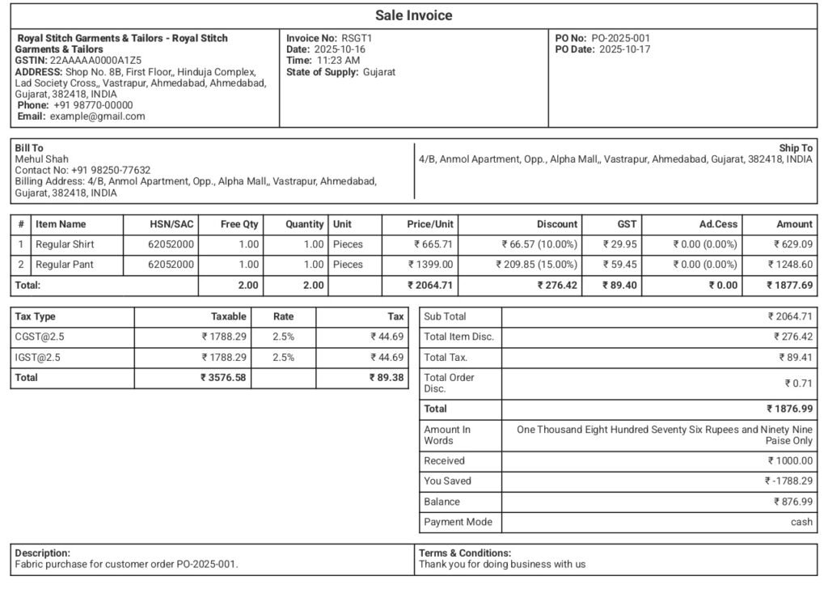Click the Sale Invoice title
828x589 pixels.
413,15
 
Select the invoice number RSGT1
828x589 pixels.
357,38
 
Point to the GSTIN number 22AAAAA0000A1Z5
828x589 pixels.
95,60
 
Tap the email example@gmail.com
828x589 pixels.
97,116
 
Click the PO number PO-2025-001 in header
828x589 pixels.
620,38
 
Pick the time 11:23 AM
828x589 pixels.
338,60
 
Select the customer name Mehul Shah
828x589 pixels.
42,159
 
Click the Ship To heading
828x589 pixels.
796,148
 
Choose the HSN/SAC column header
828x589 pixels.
171,224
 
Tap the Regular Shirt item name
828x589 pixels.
65,244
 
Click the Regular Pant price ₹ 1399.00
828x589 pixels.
430,265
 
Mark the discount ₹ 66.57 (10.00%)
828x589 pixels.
539,244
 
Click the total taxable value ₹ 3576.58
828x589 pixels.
223,378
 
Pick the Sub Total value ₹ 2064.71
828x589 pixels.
790,316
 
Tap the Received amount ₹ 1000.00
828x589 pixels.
790,461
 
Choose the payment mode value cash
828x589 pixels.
801,523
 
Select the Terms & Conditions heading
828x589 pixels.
465,553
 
